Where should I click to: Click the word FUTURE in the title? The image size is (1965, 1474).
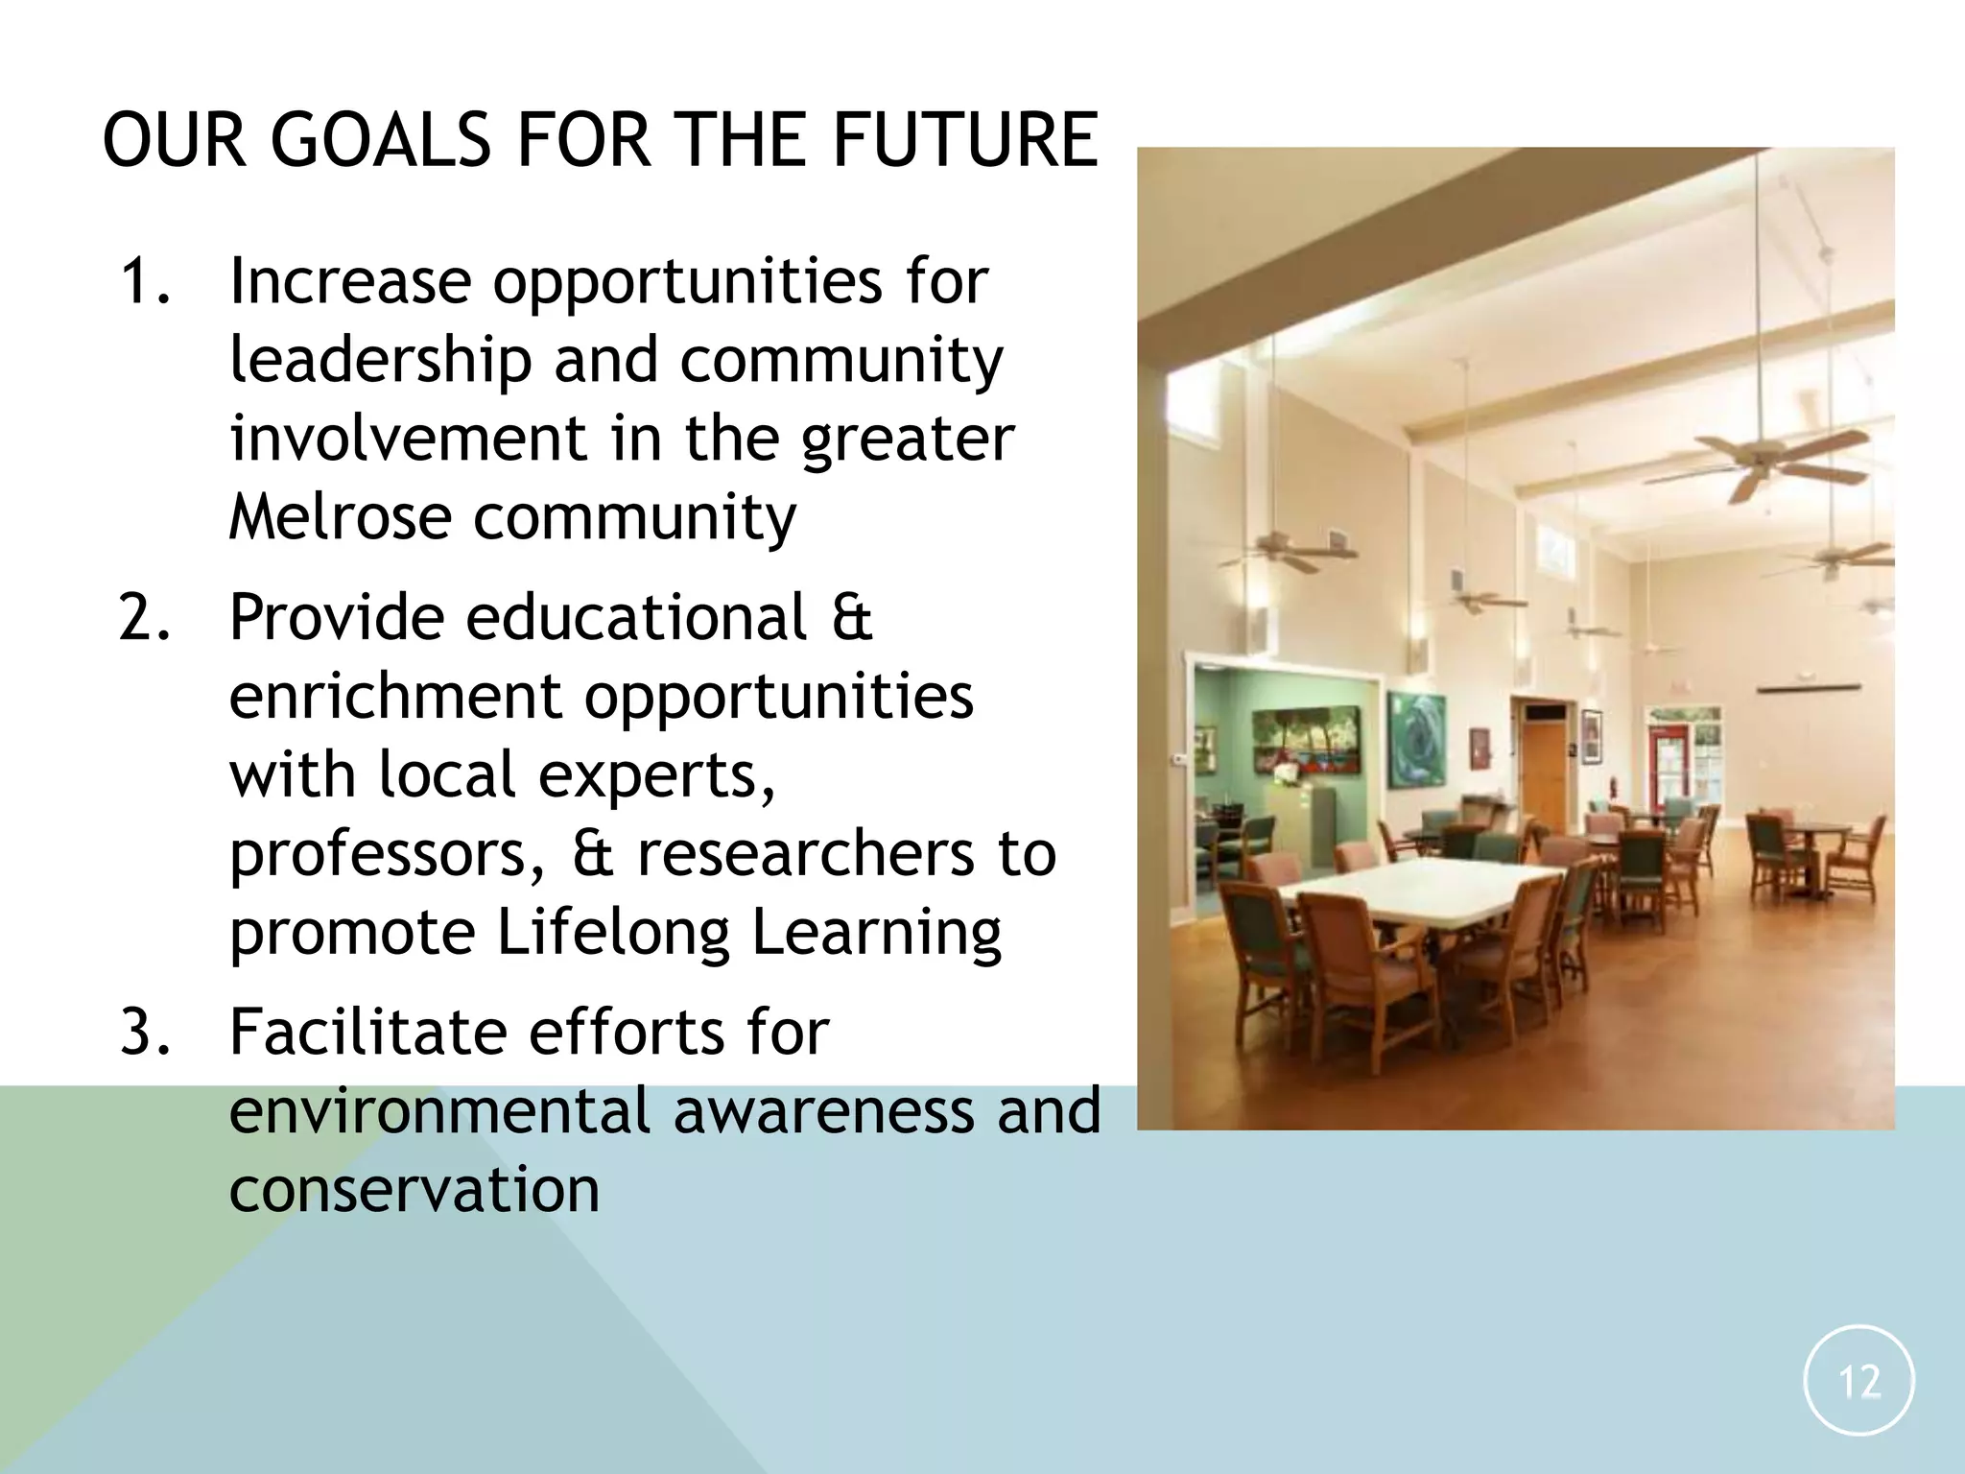[x=964, y=140]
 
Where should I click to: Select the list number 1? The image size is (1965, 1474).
[x=144, y=282]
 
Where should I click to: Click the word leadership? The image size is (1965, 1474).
[x=380, y=361]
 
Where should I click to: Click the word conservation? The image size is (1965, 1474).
[x=414, y=1190]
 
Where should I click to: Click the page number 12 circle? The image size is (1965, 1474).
[x=1858, y=1380]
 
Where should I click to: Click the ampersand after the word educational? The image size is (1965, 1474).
[x=852, y=617]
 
